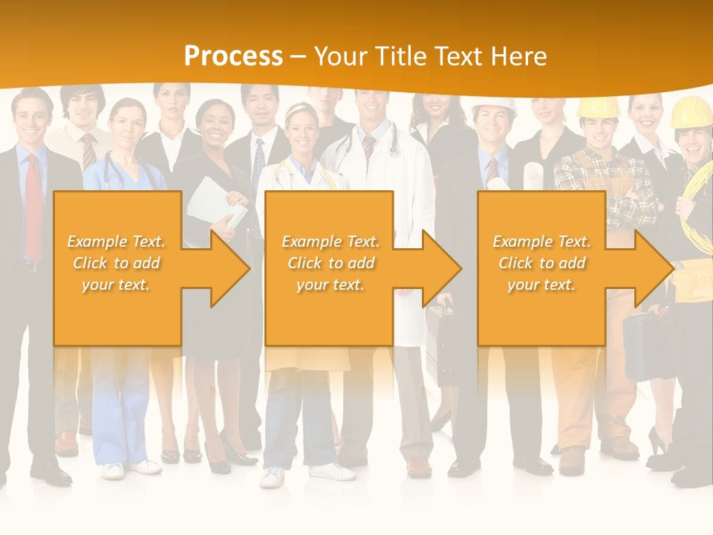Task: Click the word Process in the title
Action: (233, 56)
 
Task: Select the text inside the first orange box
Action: (116, 263)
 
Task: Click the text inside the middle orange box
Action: (331, 263)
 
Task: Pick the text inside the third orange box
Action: (541, 263)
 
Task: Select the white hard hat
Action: (493, 106)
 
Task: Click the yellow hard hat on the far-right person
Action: (693, 112)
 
